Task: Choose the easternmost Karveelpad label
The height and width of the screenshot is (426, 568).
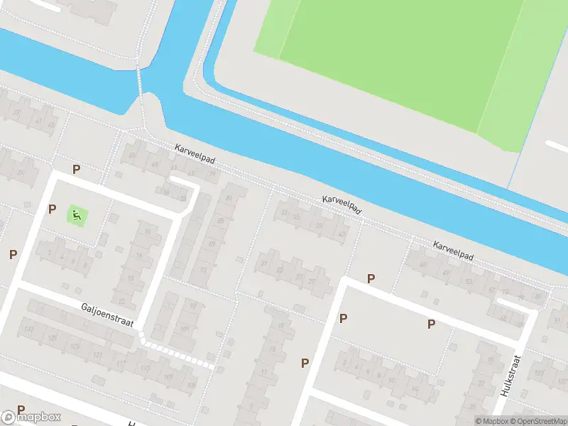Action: point(453,249)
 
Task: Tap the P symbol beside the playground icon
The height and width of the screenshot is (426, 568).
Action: point(52,209)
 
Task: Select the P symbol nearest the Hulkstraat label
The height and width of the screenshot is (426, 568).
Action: point(431,324)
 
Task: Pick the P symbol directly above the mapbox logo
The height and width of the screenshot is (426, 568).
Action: point(21,410)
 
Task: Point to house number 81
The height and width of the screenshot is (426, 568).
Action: point(229,197)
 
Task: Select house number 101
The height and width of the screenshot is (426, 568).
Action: point(185,329)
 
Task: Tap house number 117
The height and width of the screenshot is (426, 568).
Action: point(121,364)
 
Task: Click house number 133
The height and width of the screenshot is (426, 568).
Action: point(29,329)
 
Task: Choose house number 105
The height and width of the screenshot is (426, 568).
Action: point(168,376)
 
